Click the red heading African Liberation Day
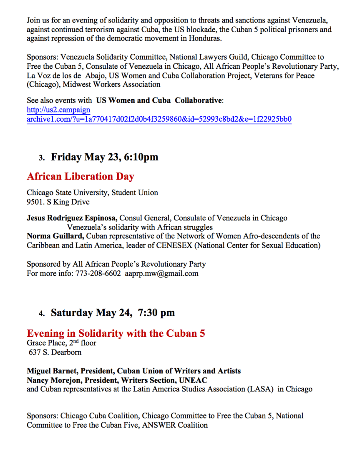pos(81,176)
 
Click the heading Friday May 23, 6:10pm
pos(105,157)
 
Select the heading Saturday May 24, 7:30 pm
pos(113,313)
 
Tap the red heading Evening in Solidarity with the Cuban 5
pos(116,333)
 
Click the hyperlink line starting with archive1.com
pos(159,119)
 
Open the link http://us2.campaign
pos(58,110)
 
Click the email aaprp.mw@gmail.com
pos(162,273)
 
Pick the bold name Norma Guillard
pos(53,236)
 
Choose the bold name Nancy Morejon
pos(53,380)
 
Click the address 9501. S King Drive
pos(58,202)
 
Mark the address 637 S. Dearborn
pos(55,352)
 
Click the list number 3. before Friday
pos(41,158)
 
